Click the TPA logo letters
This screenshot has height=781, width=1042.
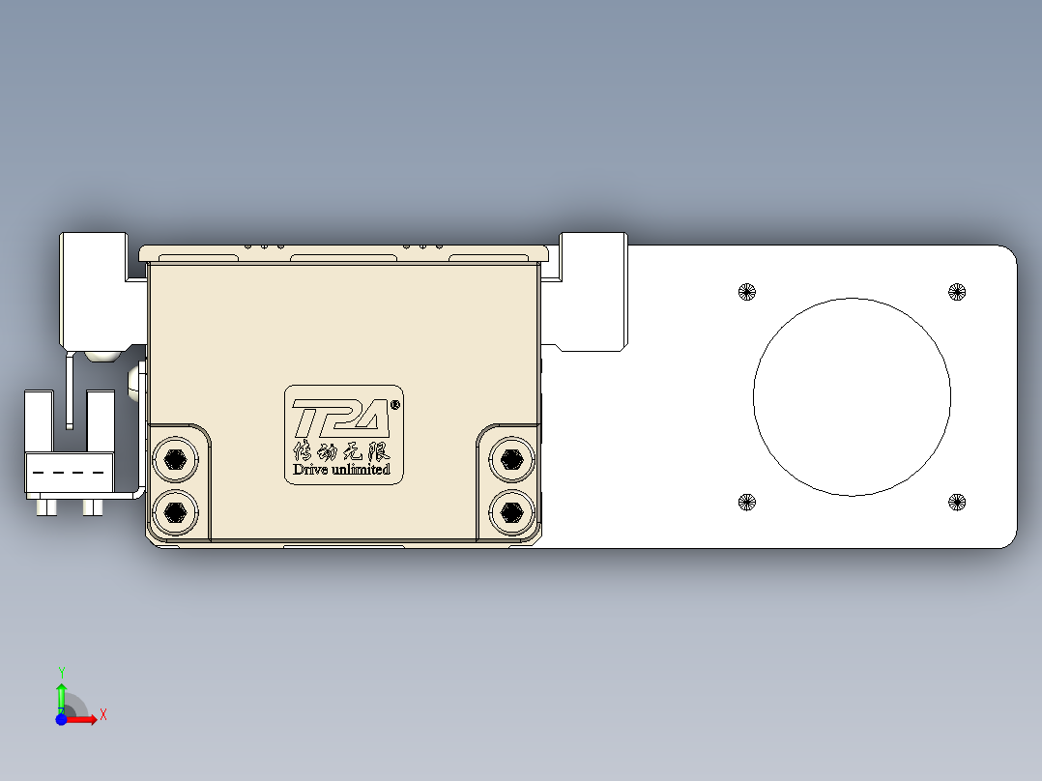(340, 419)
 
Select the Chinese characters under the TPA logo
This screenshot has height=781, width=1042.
(341, 450)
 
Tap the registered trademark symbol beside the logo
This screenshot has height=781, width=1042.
(394, 405)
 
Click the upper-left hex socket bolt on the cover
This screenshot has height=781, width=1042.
(175, 459)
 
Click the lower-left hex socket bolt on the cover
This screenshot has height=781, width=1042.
(175, 510)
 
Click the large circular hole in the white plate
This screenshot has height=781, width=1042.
(852, 396)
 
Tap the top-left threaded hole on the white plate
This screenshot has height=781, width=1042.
(746, 291)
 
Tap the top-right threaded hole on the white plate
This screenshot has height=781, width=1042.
(956, 291)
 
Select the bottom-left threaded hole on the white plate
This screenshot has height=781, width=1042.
(746, 501)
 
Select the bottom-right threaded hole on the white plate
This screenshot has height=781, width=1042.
(956, 501)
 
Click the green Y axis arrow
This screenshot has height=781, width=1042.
(61, 691)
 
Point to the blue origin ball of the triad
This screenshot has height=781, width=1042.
(61, 719)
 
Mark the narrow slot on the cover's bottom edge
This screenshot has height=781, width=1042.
(343, 547)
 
